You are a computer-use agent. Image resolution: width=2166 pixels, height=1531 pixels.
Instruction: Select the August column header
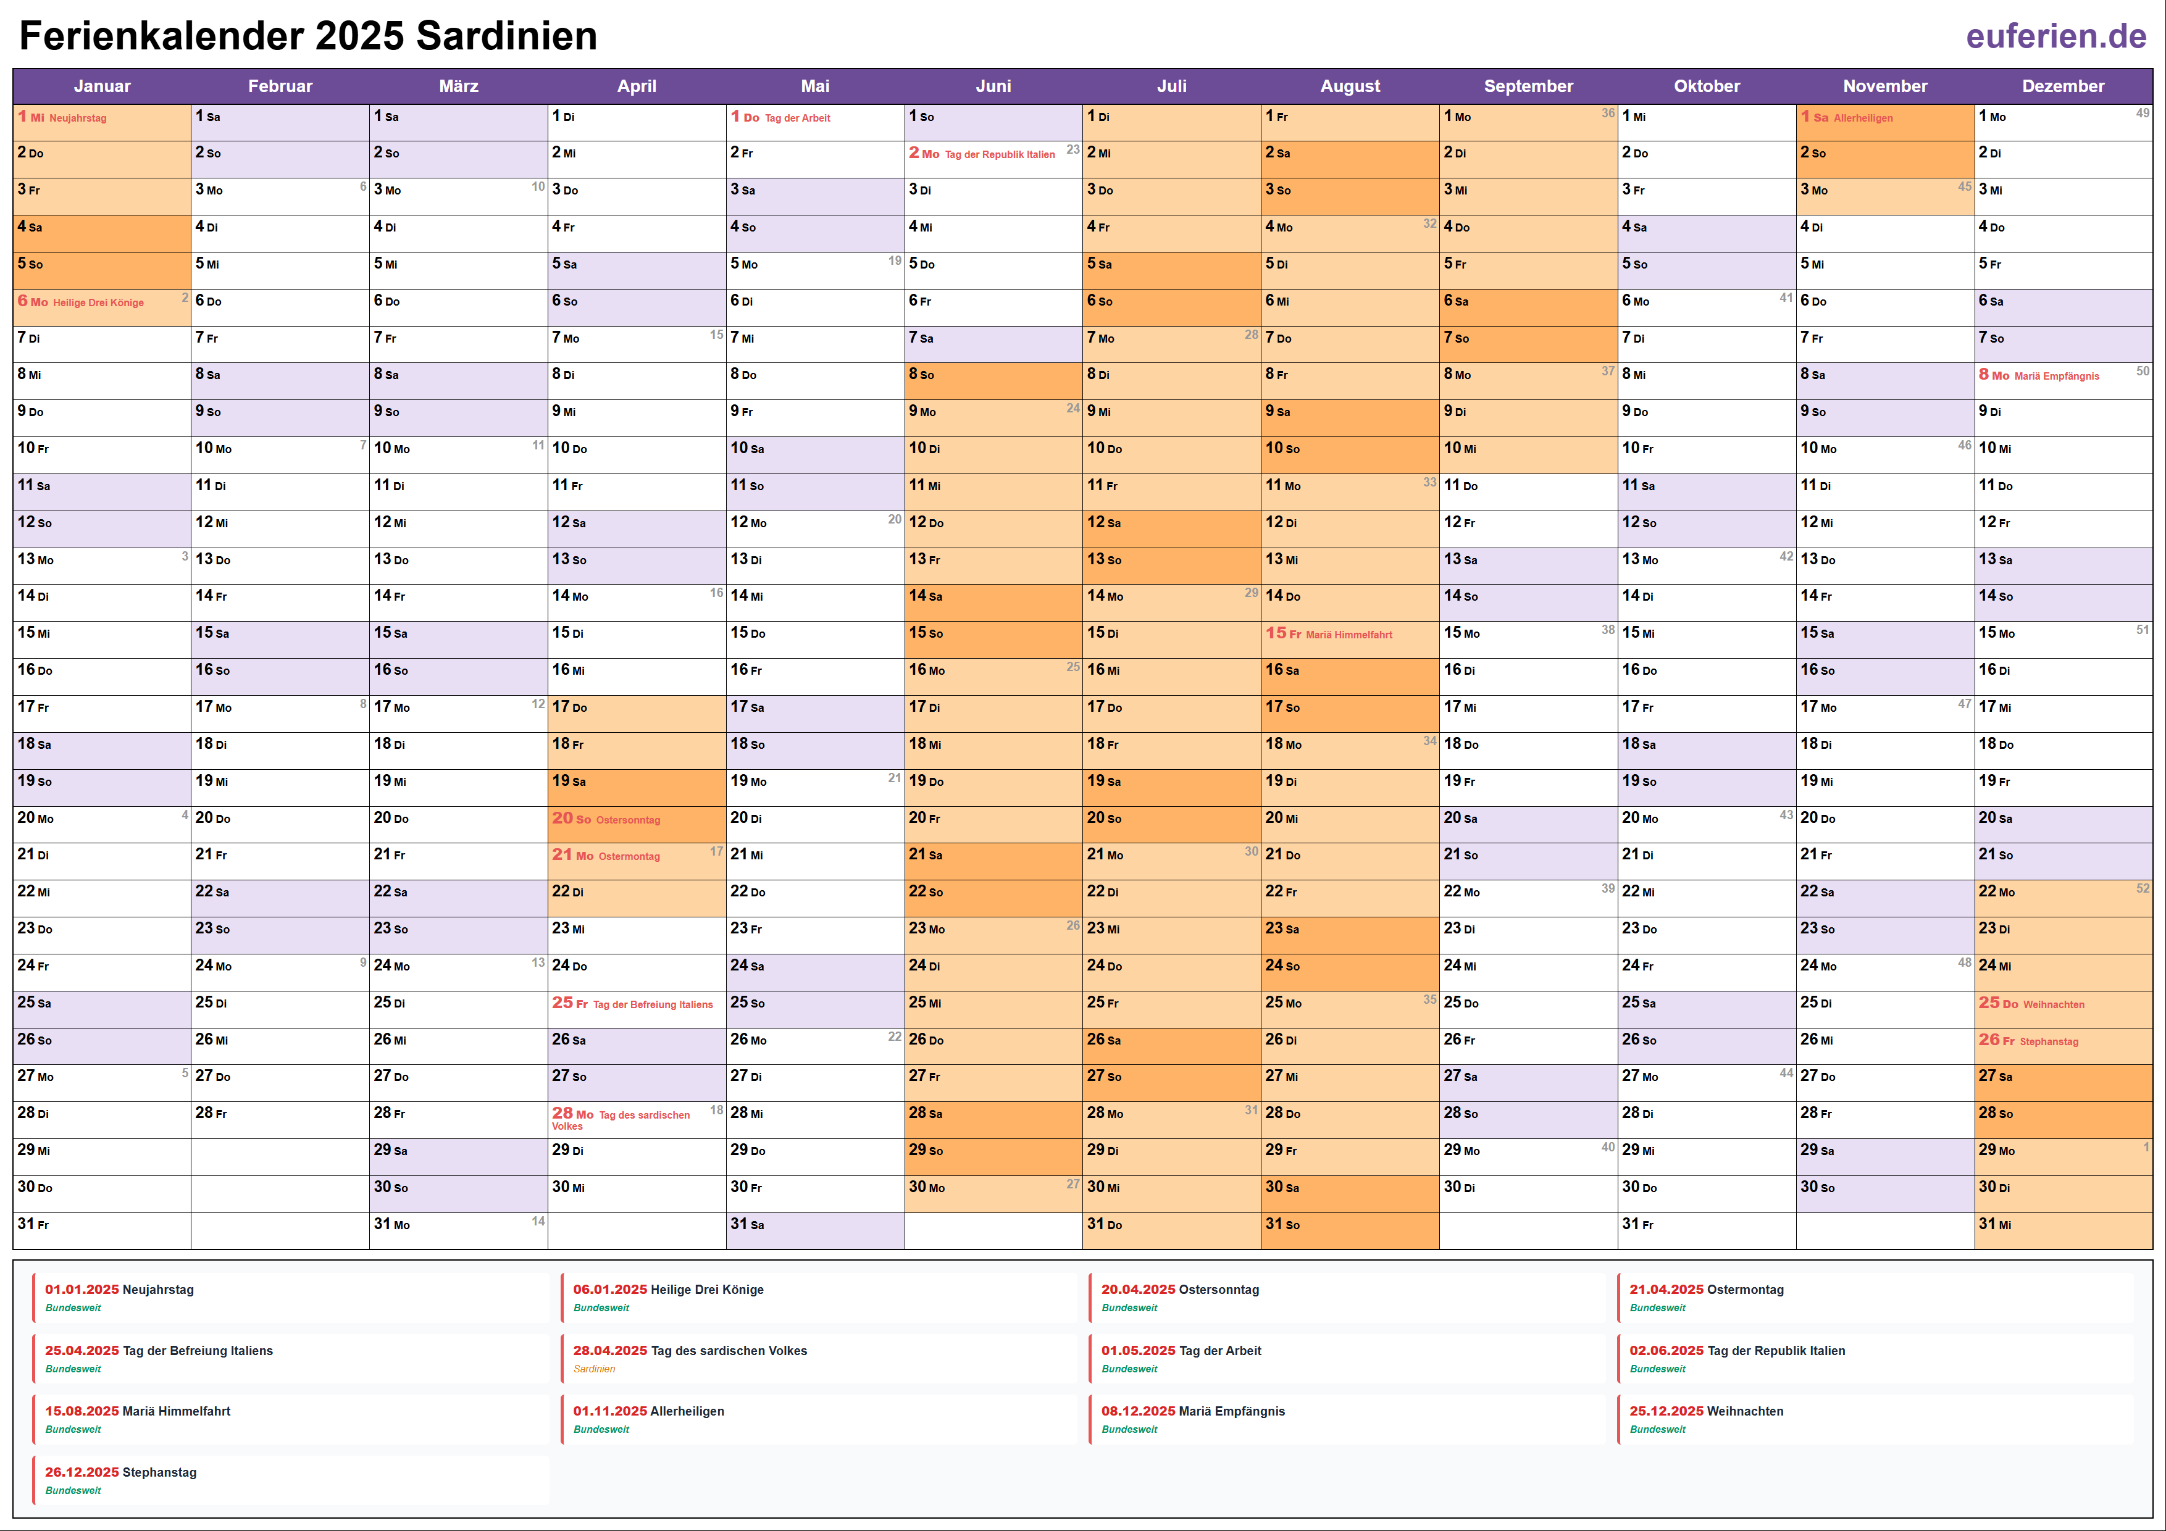pyautogui.click(x=1349, y=86)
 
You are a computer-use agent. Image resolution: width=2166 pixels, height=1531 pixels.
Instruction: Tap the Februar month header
pyautogui.click(x=280, y=86)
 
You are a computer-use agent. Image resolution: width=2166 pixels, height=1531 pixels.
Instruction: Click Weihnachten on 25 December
pyautogui.click(x=2053, y=1004)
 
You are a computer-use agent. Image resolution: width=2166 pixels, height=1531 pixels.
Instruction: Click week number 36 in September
pyautogui.click(x=1607, y=113)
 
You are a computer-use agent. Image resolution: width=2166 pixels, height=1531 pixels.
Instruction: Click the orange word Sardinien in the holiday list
pyautogui.click(x=595, y=1369)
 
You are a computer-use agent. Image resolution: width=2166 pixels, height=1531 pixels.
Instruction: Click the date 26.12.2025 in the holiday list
pyautogui.click(x=82, y=1472)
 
